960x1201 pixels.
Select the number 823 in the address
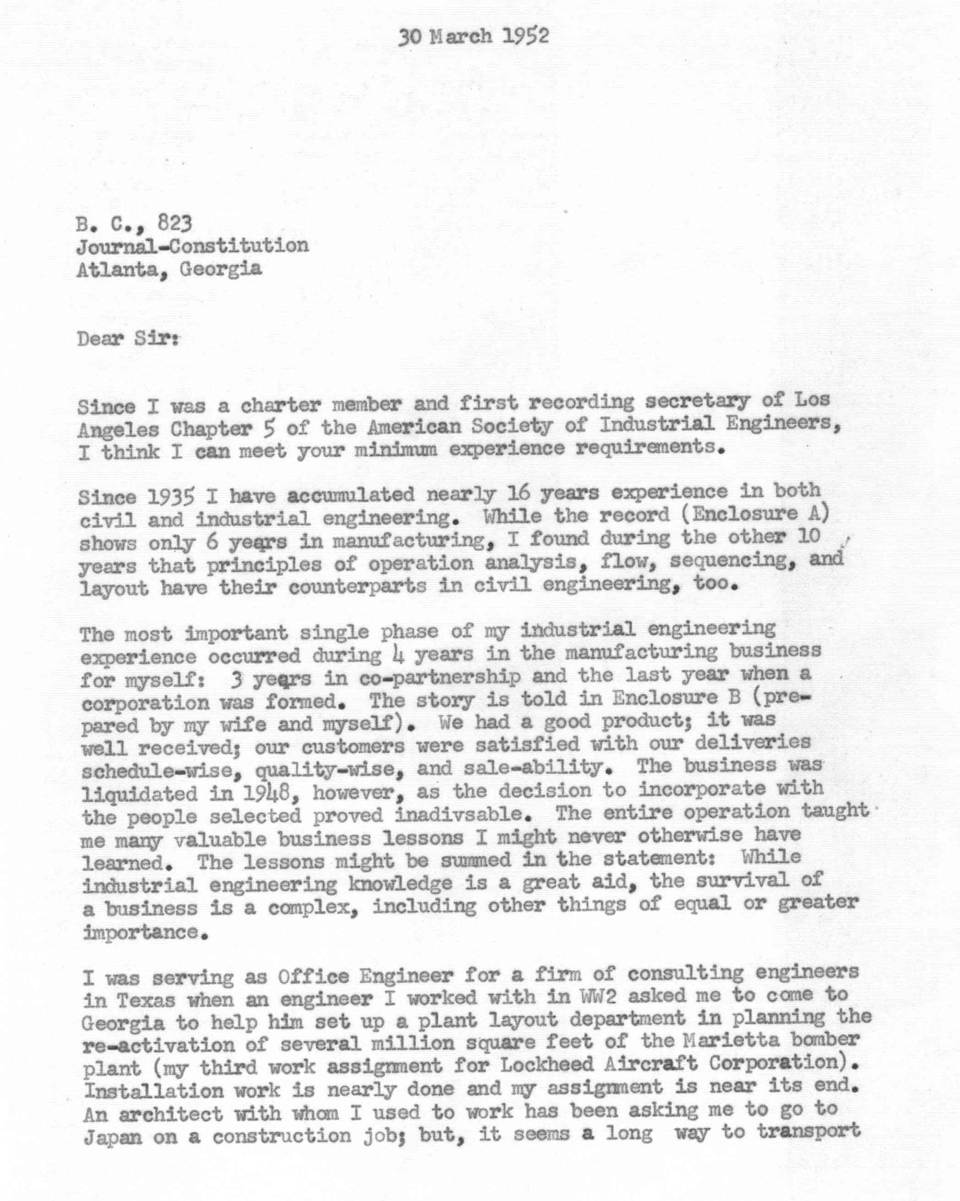click(175, 223)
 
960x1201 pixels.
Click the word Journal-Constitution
click(192, 246)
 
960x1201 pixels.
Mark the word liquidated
click(139, 793)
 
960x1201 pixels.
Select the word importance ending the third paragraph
click(141, 932)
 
